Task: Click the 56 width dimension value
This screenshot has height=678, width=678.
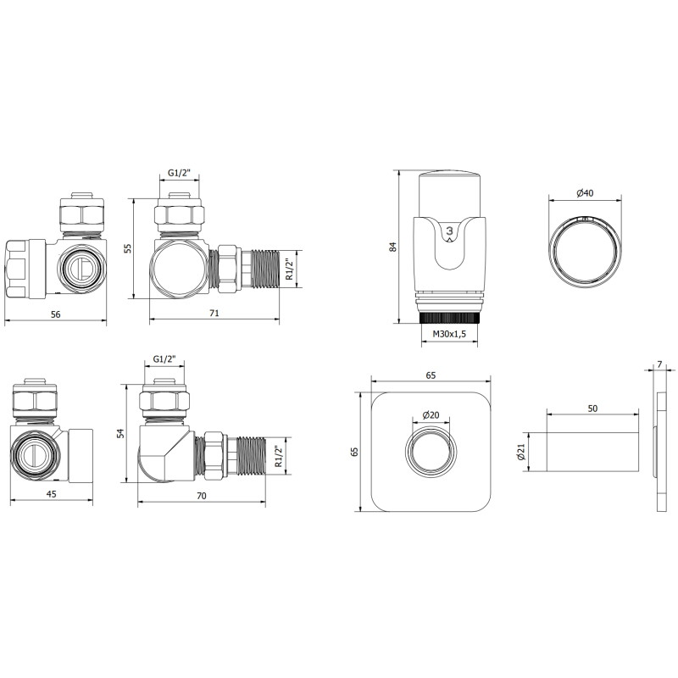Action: pos(55,314)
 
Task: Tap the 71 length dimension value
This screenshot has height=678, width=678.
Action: pos(214,313)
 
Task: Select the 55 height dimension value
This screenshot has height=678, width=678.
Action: pos(128,248)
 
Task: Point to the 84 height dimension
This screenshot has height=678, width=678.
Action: pos(392,247)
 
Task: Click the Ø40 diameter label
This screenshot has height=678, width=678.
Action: pos(585,193)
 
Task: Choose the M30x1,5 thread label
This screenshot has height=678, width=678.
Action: pos(449,333)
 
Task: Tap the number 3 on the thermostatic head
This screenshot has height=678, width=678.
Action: pos(449,231)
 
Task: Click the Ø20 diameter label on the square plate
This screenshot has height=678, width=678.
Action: pos(431,415)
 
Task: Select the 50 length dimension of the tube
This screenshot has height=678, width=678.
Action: pos(592,408)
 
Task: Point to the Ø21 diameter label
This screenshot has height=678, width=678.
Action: pos(520,452)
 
